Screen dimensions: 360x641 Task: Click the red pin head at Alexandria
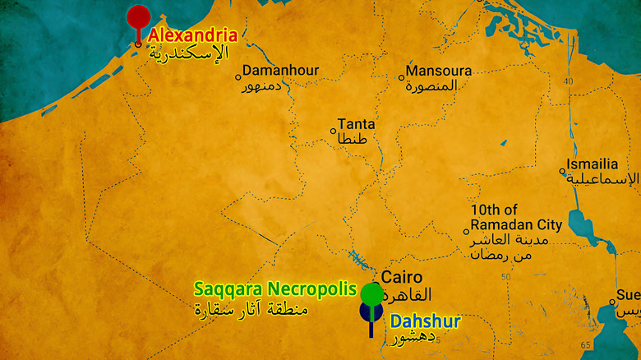138,16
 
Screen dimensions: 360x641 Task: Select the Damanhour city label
280,71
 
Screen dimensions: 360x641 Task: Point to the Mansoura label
439,71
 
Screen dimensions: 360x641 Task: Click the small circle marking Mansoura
402,78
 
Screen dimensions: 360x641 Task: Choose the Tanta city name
356,124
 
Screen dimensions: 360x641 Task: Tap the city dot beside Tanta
333,131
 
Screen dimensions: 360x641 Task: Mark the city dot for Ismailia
563,172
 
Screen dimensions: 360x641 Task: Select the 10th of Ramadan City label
516,217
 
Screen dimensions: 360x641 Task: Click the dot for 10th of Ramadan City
466,231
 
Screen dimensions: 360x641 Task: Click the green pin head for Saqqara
371,293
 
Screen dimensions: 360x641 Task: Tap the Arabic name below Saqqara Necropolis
251,310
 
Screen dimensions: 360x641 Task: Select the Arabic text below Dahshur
411,338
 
